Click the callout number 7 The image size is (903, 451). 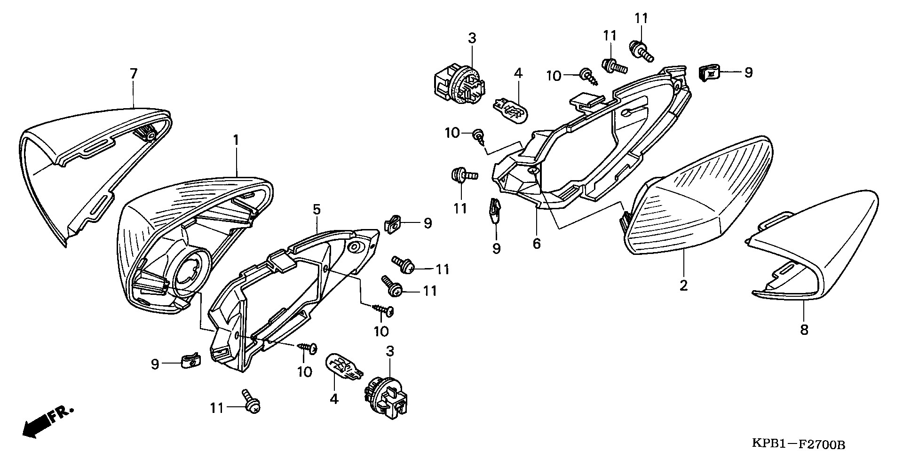pos(134,74)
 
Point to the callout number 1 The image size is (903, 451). pos(236,140)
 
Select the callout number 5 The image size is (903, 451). pos(317,209)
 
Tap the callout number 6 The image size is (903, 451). pos(537,243)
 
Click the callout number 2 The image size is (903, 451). pos(683,285)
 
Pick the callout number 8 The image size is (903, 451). pos(804,330)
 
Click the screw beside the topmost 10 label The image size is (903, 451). pos(588,76)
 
